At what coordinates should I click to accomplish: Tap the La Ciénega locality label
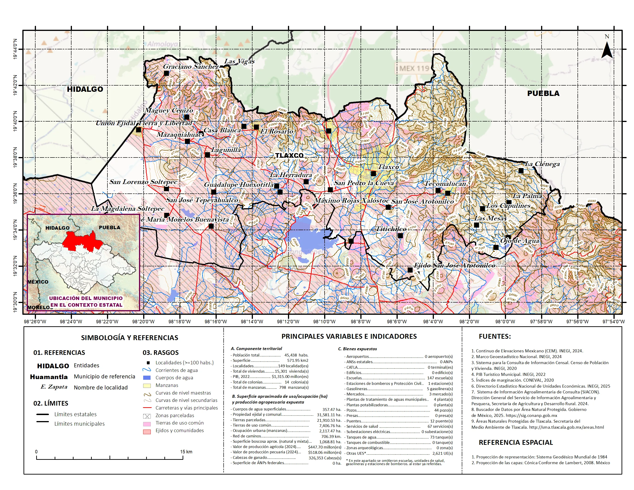pos(542,164)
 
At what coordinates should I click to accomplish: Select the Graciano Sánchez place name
pos(191,66)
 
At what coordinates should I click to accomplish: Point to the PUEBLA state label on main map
pos(543,93)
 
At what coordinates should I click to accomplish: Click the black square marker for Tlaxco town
pos(373,174)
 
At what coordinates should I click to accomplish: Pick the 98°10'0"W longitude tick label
pos(324,322)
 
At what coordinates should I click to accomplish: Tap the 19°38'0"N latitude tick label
pos(15,158)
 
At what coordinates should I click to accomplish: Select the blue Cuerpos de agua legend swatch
pos(147,378)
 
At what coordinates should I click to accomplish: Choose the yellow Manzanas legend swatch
pos(147,386)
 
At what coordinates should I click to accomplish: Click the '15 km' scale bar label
pos(186,452)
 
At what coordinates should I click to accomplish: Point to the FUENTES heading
pos(495,336)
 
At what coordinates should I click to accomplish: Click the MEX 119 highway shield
pos(414,68)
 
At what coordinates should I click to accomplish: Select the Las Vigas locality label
pos(239,61)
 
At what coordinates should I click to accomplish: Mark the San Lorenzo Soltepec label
pos(143,182)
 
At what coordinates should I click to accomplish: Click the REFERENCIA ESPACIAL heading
pos(515,442)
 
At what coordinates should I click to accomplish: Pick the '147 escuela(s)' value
pos(439,378)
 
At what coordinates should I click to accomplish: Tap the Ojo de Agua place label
pos(519,241)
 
